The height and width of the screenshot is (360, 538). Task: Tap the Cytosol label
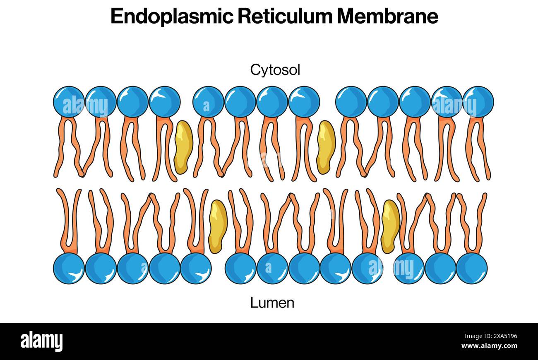click(275, 70)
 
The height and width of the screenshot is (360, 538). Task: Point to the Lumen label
click(272, 302)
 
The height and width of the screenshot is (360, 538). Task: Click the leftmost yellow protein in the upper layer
click(183, 147)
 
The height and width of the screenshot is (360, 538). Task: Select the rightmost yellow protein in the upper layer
click(326, 147)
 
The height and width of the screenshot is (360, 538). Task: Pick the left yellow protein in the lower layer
click(217, 226)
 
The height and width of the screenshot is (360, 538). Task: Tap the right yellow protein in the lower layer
click(390, 226)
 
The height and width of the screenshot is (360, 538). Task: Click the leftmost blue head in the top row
click(69, 102)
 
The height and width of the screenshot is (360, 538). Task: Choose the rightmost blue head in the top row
click(478, 102)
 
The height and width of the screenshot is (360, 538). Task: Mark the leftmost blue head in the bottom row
click(69, 268)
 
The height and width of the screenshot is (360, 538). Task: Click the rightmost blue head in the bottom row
click(471, 268)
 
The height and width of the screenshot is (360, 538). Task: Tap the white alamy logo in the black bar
click(41, 341)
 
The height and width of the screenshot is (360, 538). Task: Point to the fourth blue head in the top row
click(164, 102)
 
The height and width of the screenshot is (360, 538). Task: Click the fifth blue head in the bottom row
click(196, 268)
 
